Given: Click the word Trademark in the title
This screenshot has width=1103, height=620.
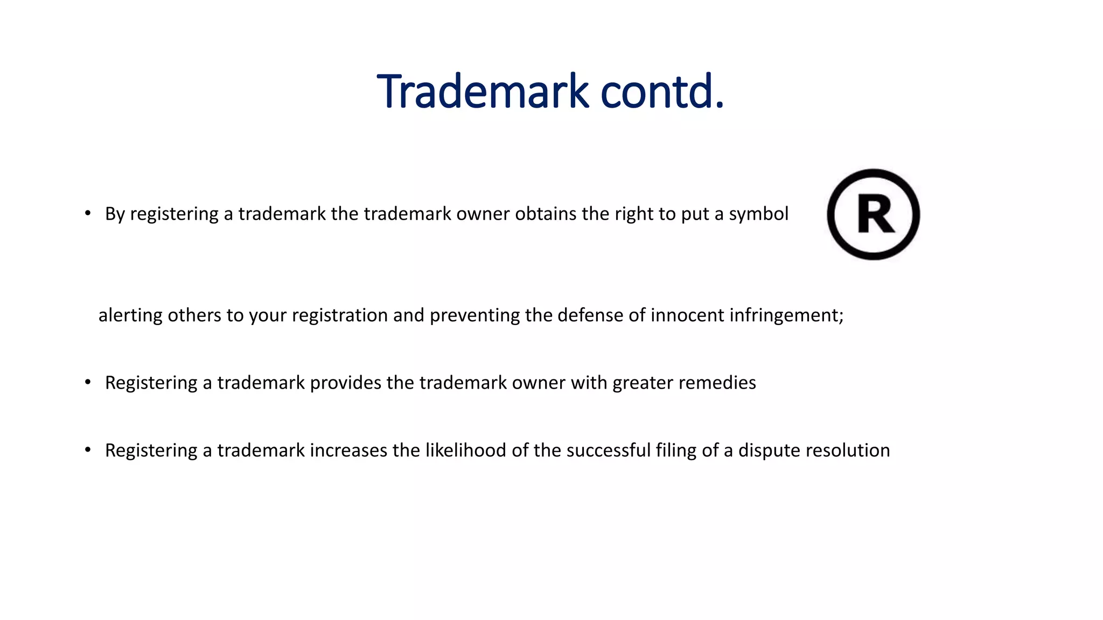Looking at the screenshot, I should coord(483,91).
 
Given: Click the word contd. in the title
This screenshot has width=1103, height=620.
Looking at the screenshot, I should coord(662,91).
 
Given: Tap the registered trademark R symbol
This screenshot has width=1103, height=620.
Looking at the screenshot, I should coord(873,215).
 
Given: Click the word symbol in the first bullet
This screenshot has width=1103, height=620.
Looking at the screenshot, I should coord(758,214).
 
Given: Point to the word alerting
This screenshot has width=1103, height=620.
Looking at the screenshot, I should coord(130,315).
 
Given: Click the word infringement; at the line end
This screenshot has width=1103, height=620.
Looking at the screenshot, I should coord(786,315).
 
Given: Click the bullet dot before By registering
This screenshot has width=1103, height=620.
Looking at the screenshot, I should coord(88,214).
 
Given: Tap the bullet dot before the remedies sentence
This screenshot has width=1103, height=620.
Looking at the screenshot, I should coord(88,383).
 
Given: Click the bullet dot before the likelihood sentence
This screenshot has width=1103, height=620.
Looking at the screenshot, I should coord(88,450).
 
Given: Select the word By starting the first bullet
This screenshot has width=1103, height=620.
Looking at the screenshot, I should coord(115,214).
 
